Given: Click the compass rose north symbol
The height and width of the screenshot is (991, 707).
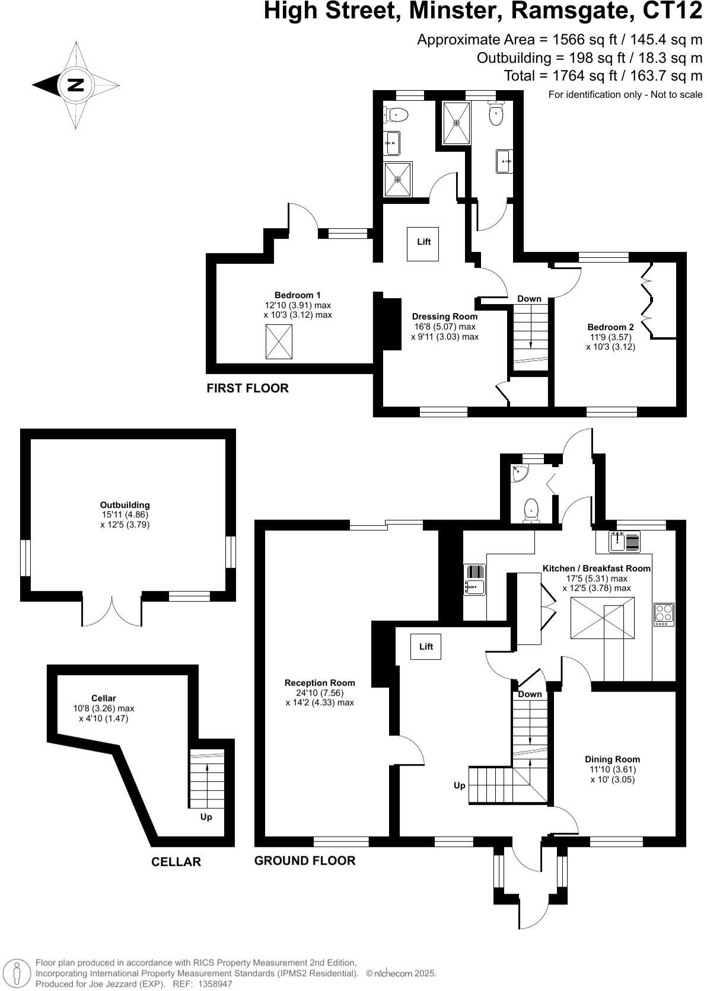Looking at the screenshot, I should [75, 85].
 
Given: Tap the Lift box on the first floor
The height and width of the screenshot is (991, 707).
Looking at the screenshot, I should [423, 244].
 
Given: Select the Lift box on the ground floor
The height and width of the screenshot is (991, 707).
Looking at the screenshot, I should [426, 647].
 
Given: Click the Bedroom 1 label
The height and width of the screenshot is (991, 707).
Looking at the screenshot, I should [297, 295].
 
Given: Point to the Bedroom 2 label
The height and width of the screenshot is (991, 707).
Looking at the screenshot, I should [610, 327].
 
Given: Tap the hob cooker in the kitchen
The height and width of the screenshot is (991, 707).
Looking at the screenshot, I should [664, 615].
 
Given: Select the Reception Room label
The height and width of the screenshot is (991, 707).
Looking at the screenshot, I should [319, 683].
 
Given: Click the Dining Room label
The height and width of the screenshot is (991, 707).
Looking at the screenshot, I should [612, 759].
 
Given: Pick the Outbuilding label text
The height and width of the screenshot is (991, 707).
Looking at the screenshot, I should [125, 505].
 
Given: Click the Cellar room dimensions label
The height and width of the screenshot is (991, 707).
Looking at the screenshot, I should [103, 713].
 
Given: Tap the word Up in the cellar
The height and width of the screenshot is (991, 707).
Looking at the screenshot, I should [206, 817].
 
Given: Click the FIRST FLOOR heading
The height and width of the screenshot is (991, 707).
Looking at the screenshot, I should [247, 388].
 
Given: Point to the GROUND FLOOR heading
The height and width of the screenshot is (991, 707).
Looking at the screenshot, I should [304, 861].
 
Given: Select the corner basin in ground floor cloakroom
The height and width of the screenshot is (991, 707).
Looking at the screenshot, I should [520, 473].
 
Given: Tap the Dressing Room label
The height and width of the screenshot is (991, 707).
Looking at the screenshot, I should [444, 317].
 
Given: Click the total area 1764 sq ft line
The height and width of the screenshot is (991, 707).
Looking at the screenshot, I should [603, 75].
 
